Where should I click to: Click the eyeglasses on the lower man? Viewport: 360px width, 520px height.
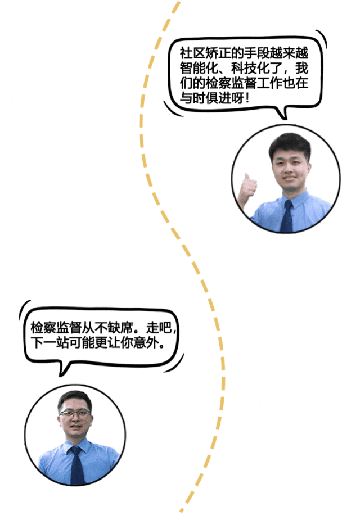coord(75,413)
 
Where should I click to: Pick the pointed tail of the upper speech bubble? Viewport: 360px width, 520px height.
coord(285,115)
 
